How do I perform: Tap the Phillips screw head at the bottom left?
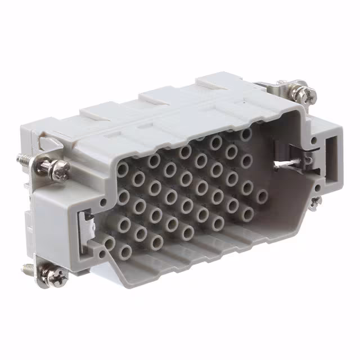pyautogui.click(x=56, y=276)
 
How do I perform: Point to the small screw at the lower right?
pyautogui.click(x=316, y=200)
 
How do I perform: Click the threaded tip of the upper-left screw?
pyautogui.click(x=24, y=159)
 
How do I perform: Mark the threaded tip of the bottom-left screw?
pyautogui.click(x=26, y=268)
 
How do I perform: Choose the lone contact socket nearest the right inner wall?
pyautogui.click(x=262, y=196)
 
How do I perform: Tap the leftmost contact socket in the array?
pyautogui.click(x=109, y=244)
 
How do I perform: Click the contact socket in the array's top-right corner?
pyautogui.click(x=246, y=134)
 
